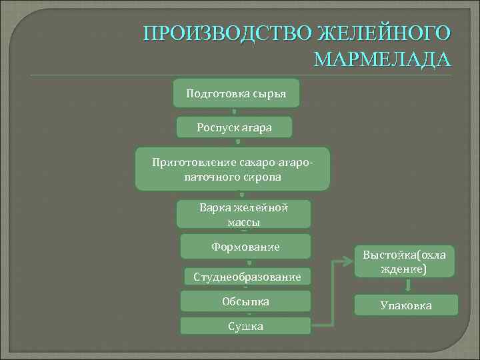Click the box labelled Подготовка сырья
236,94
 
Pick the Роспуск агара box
235,127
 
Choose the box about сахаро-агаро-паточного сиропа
232,169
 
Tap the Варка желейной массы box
243,214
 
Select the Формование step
245,247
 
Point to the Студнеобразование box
247,276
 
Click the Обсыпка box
246,301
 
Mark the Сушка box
246,326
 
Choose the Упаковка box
406,305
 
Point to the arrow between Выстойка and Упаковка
407,286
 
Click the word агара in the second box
257,127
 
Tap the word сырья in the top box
269,94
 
